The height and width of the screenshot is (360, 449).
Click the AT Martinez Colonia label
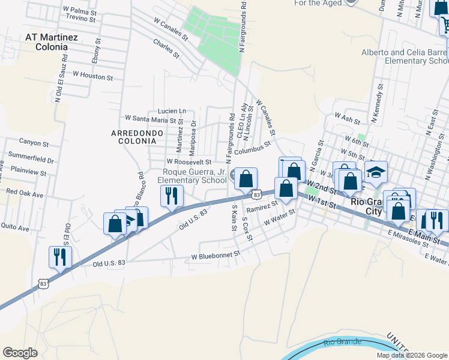click(x=52, y=41)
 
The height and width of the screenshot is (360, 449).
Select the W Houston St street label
click(x=92, y=77)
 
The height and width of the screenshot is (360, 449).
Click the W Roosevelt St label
click(x=189, y=162)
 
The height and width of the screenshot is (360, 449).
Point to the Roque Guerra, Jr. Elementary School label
click(x=191, y=176)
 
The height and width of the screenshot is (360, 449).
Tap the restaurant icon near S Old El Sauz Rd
click(x=60, y=257)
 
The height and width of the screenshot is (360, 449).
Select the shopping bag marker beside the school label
click(x=246, y=178)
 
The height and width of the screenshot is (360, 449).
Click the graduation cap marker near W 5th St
click(x=376, y=172)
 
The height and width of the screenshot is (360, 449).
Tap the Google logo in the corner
click(x=20, y=353)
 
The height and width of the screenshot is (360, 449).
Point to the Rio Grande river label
click(x=341, y=342)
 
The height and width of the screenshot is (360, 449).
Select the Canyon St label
click(x=34, y=143)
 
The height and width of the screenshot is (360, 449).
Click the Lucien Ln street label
click(x=172, y=111)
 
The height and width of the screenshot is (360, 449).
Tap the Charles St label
click(x=166, y=49)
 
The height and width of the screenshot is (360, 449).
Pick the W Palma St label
click(x=78, y=11)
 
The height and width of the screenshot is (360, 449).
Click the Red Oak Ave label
click(x=25, y=194)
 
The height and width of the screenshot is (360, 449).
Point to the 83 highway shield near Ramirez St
click(x=257, y=194)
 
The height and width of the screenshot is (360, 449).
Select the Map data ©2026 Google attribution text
click(x=411, y=355)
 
